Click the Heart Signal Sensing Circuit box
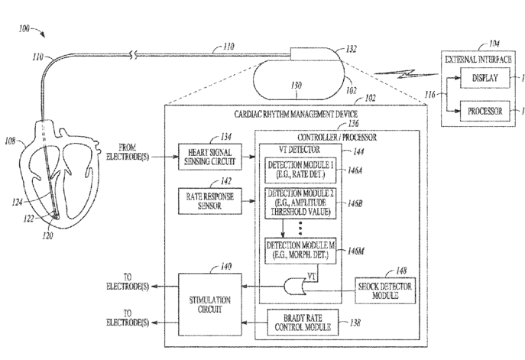(210, 157)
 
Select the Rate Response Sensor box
(210, 201)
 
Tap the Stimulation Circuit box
(210, 304)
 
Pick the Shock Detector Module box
(385, 290)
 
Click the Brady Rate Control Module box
(303, 322)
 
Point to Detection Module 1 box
(300, 170)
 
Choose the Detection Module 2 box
(300, 203)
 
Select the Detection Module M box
(300, 251)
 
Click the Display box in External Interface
(485, 78)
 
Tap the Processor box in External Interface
(485, 111)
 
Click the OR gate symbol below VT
(295, 287)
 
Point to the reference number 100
(24, 29)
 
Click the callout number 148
(400, 271)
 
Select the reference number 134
(226, 137)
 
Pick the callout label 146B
(355, 203)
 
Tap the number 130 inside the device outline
(297, 86)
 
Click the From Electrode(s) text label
(127, 152)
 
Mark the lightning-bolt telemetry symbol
(406, 74)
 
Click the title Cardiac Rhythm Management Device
(296, 114)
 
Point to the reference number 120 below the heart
(47, 236)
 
